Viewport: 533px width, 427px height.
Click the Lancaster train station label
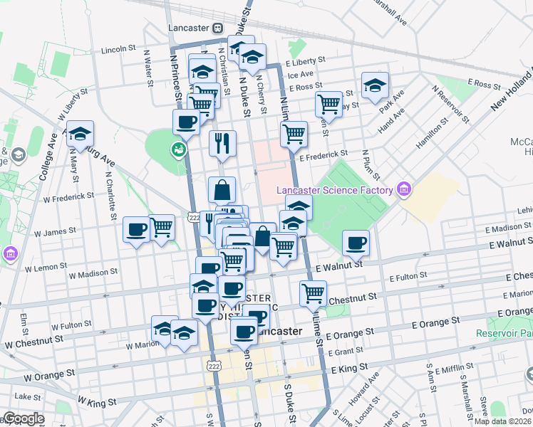[x=188, y=28]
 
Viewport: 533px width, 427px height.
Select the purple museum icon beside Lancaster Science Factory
[x=404, y=189]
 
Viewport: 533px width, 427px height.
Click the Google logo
[x=23, y=418]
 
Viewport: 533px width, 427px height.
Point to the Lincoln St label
[x=118, y=49]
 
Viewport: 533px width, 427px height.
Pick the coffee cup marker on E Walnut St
[x=356, y=243]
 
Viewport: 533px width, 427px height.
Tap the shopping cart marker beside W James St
[x=162, y=228]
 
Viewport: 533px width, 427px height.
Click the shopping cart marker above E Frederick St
[x=294, y=133]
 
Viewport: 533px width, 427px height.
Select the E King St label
[x=349, y=368]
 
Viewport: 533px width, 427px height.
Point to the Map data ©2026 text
[x=503, y=421]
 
